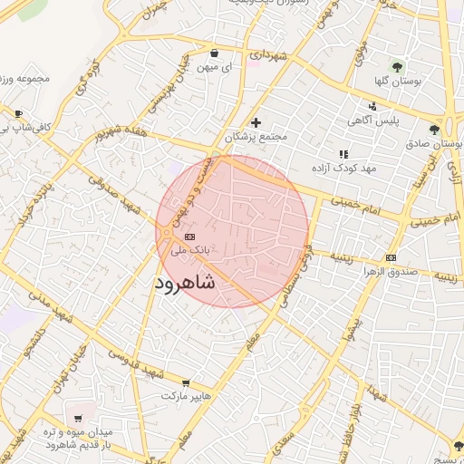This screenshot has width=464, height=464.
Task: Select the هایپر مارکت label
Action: tap(186, 397)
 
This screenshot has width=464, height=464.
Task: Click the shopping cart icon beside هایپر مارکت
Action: tap(186, 383)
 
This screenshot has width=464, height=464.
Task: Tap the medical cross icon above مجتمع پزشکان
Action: tap(256, 123)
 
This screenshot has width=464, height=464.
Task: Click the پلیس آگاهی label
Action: tap(372, 120)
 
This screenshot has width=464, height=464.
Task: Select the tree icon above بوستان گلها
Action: tap(396, 66)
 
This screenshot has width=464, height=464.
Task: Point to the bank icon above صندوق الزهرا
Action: tap(391, 258)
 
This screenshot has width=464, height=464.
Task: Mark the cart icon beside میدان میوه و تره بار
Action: tap(80, 419)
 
